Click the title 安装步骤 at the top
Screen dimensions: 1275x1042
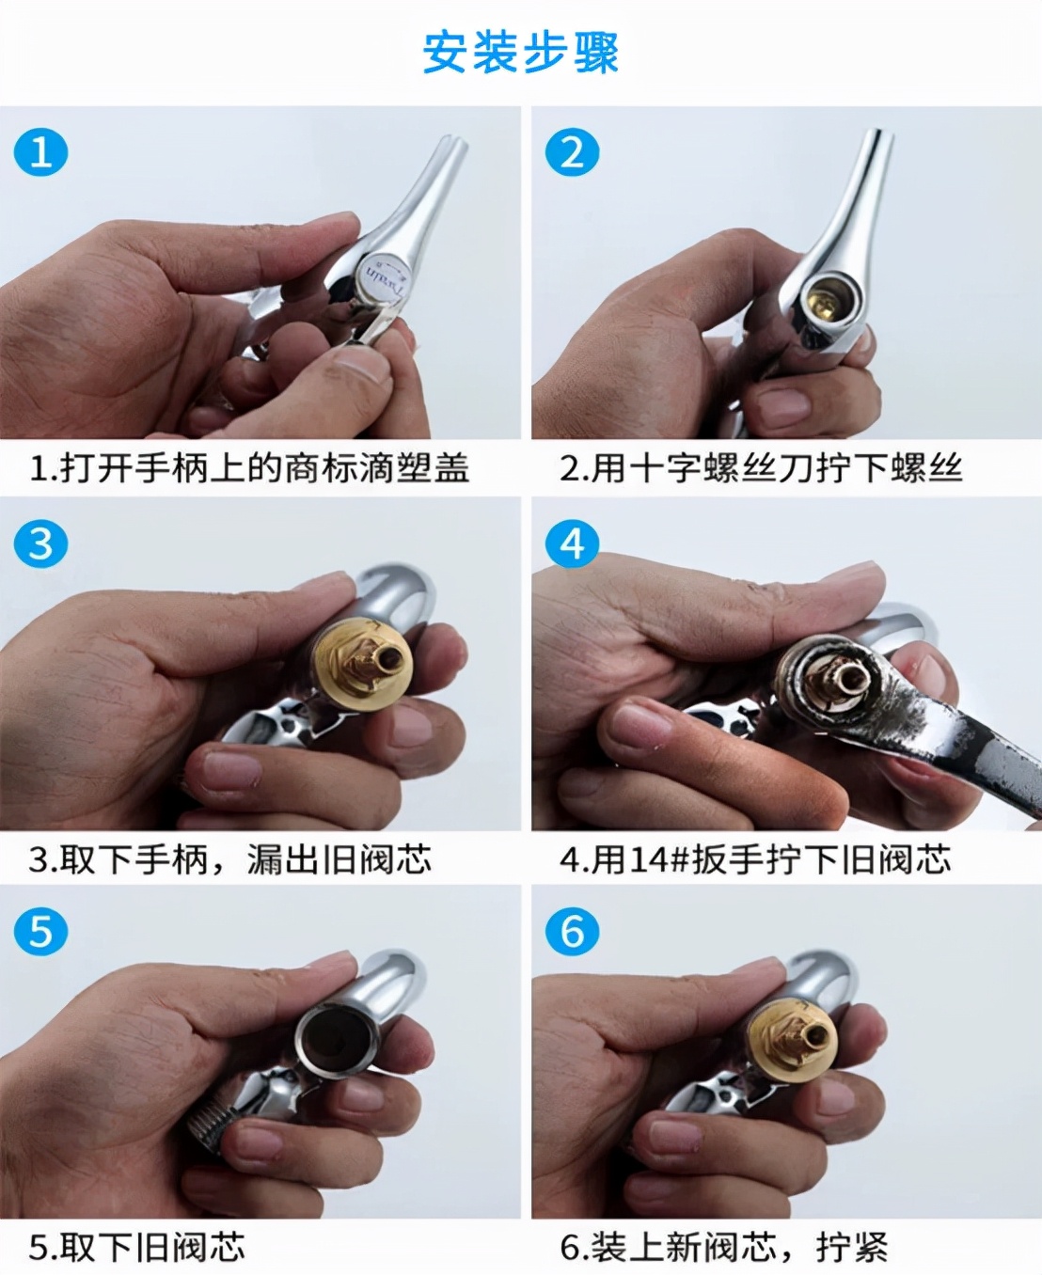coord(520,53)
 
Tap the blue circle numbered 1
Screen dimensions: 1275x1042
coord(40,152)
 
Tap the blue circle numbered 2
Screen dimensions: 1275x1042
coord(572,152)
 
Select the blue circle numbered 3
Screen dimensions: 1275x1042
coord(40,543)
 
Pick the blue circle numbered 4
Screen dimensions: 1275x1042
coord(572,543)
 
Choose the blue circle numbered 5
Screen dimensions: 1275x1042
coord(40,932)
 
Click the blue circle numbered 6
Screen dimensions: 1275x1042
coord(572,932)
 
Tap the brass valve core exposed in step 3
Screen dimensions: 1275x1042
coord(364,662)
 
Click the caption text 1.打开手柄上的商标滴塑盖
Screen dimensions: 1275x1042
coord(249,467)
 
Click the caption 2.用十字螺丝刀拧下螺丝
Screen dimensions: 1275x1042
coord(762,467)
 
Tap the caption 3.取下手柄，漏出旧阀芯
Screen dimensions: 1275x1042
coord(230,859)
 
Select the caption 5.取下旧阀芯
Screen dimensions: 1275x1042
coord(137,1248)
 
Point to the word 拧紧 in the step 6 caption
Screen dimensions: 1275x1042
coord(852,1248)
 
